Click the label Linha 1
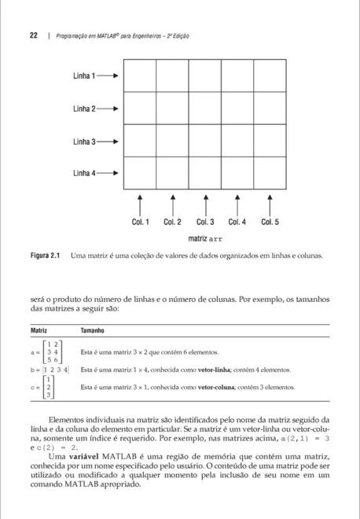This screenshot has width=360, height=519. [x=84, y=76]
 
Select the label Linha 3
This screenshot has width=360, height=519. [x=84, y=142]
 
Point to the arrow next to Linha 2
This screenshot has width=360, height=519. [x=109, y=109]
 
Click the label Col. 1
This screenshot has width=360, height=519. [x=140, y=223]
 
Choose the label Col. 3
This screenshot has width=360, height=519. [x=205, y=223]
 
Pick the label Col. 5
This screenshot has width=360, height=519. [x=270, y=223]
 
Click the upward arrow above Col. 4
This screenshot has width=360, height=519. [x=237, y=204]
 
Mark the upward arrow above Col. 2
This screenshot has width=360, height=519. [x=172, y=204]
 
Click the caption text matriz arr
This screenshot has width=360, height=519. [x=205, y=237]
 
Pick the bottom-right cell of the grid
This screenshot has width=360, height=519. [x=270, y=173]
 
